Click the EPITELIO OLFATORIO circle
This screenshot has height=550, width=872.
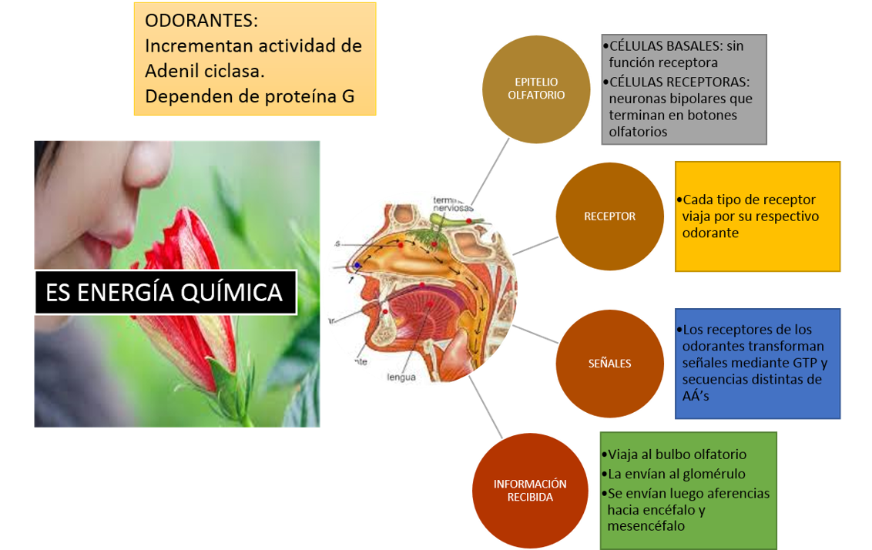536,89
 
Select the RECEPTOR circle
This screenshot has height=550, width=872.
609,216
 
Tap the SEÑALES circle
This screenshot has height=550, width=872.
609,364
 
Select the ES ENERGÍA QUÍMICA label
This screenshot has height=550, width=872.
165,293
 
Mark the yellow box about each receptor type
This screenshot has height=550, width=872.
758,216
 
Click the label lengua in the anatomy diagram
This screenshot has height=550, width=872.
402,377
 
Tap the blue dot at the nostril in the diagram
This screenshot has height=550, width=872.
357,266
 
